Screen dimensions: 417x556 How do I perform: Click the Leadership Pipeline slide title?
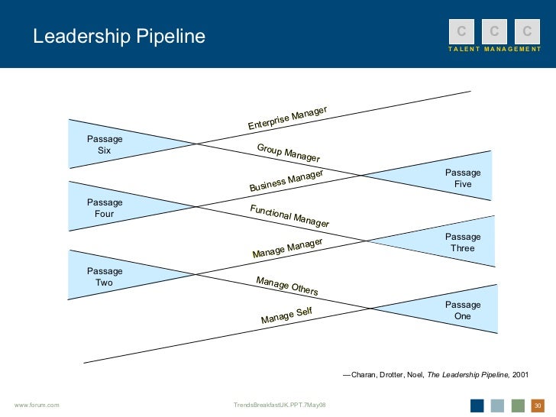118,37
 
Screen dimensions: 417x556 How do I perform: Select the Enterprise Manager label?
287,118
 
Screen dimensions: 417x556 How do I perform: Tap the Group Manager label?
288,152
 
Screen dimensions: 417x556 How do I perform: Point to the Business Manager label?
286,181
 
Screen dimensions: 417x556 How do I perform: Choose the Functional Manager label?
289,217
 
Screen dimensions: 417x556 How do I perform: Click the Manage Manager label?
287,248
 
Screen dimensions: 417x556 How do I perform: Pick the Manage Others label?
286,286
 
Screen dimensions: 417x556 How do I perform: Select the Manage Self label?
286,315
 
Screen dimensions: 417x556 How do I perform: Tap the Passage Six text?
105,145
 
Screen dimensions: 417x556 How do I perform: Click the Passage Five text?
463,178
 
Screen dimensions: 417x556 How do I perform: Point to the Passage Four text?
105,208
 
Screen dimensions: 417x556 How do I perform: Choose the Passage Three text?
463,243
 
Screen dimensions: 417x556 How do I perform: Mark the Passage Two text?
105,276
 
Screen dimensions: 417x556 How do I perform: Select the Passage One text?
463,310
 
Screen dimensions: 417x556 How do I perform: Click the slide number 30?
537,405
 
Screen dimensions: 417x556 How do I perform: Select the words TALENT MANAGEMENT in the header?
494,49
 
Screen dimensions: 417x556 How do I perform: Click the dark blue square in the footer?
477,405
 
